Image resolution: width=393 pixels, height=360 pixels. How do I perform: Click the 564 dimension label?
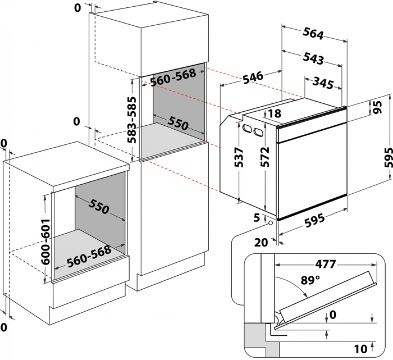click(x=314, y=34)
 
